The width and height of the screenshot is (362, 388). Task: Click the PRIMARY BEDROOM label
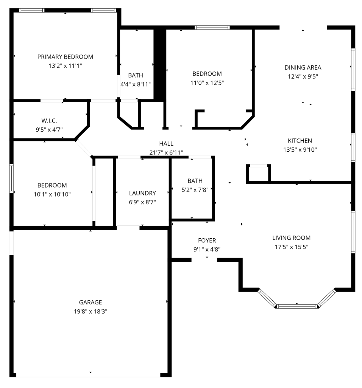pos(65,57)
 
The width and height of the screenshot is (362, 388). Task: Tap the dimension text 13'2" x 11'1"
pos(65,65)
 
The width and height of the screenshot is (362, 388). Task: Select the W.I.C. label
pos(49,121)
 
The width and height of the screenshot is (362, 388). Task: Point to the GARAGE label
pos(90,302)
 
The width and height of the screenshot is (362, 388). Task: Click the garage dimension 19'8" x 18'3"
pos(90,311)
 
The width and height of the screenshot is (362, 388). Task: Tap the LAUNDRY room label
pos(142,193)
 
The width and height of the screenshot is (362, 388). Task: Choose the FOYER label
pos(207,240)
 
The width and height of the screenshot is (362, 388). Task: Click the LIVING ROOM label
pos(292,238)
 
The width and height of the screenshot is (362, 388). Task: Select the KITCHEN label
pos(300,141)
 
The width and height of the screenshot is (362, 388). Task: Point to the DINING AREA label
pos(303,67)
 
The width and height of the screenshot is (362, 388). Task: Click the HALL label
pos(166,144)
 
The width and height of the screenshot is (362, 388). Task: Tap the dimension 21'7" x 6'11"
pos(166,152)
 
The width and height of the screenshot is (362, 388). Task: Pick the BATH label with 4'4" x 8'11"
pos(136,75)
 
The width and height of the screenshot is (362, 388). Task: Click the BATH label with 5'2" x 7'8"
pos(195,181)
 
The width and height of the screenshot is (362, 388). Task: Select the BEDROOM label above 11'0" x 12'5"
pos(207,73)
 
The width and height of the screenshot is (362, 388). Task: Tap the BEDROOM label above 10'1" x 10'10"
pos(52,185)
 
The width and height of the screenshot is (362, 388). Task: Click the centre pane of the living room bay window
pos(297,306)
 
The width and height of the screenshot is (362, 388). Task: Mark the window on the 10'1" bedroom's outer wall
pos(11,178)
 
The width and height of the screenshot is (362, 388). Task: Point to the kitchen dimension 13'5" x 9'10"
pos(300,149)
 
